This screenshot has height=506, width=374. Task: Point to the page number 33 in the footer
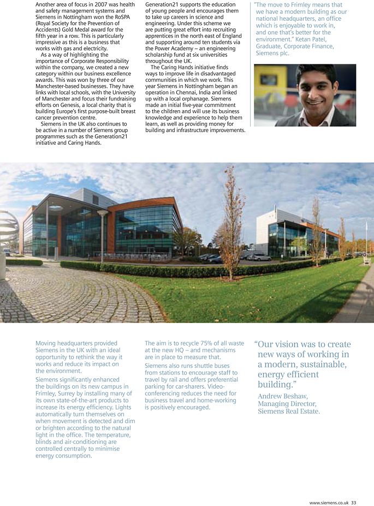point(353,502)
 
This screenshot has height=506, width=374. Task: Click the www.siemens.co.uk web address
point(329,502)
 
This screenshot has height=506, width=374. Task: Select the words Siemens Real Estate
point(288,411)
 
